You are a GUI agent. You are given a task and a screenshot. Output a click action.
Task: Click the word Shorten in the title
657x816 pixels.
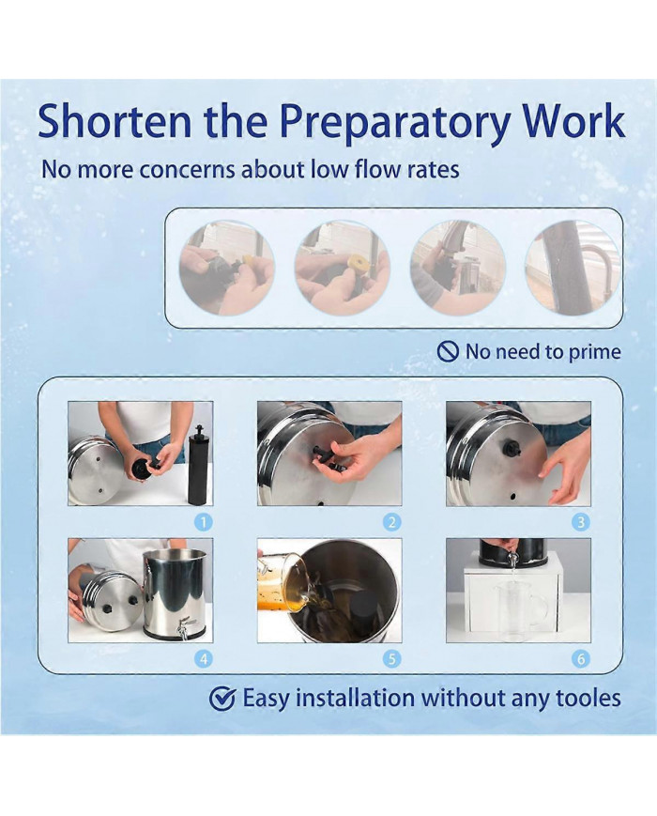[115, 121]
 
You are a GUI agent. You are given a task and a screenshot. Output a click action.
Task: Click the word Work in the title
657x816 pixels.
[573, 121]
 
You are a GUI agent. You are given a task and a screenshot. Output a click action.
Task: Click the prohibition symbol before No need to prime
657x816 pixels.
[448, 352]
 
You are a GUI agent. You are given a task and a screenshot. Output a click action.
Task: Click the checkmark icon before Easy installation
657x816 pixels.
[222, 699]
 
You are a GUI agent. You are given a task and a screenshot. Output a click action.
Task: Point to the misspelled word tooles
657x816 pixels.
[588, 698]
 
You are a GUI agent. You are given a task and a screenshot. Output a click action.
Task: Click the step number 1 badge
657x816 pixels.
[204, 522]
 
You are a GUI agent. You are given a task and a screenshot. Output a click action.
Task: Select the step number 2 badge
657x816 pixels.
[392, 522]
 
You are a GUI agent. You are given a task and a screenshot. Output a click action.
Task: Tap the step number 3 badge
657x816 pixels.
[581, 522]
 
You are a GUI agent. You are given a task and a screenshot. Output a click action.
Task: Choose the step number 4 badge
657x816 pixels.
[204, 659]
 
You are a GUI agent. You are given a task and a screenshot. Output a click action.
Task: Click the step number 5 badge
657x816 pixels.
[392, 659]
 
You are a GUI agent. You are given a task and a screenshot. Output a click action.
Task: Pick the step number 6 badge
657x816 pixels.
[581, 659]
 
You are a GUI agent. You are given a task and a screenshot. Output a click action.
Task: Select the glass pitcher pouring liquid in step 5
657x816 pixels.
[283, 577]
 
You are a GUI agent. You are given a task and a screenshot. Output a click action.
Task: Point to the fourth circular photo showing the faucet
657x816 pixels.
[573, 268]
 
